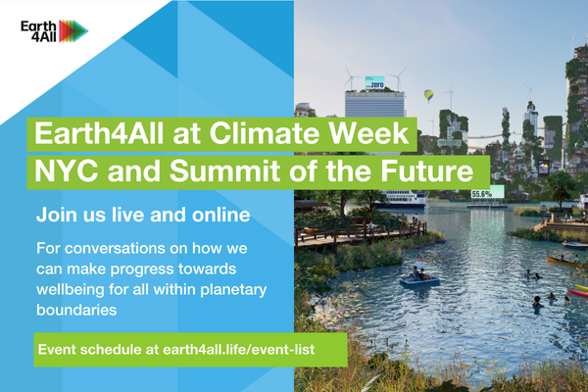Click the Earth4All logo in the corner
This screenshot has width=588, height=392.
coord(54,31)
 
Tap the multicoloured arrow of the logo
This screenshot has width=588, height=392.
coord(73,31)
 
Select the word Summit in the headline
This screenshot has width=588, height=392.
coord(224,171)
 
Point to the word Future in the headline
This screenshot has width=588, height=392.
coord(426,171)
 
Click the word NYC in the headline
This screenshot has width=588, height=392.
coord(66,171)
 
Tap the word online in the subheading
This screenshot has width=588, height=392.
coord(220,215)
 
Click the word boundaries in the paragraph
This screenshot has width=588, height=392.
coord(76,310)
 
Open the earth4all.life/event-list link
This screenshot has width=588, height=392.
coord(239,350)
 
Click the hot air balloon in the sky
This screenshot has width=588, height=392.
coord(428,95)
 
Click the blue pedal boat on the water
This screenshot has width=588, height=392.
coord(419,278)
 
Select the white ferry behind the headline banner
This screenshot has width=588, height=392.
coord(401,199)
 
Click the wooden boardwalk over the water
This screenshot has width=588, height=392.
coord(361,233)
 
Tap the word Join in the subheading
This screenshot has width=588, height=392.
coord(54,215)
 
